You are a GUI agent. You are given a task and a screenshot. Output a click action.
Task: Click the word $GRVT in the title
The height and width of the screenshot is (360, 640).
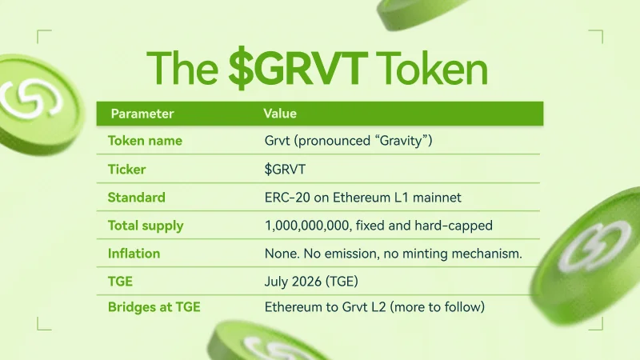(x=298, y=68)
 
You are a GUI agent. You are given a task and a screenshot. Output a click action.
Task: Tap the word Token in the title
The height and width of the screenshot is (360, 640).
(x=432, y=68)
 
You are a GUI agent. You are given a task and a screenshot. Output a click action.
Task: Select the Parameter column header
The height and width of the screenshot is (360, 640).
(x=142, y=114)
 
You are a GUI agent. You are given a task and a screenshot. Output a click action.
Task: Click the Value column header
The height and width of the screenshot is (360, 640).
(x=280, y=113)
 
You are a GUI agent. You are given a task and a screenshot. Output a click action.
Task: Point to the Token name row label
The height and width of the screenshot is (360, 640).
(x=145, y=141)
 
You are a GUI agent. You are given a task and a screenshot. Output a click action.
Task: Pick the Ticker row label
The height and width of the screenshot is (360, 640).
(x=126, y=169)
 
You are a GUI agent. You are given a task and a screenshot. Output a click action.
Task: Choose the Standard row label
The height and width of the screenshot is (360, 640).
(x=136, y=197)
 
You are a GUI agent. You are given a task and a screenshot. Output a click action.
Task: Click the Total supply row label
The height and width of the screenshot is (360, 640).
(x=146, y=226)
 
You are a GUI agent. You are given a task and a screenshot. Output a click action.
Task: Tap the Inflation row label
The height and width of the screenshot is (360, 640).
(x=134, y=254)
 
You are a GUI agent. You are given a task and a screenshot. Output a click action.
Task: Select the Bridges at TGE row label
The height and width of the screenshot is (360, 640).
(x=154, y=307)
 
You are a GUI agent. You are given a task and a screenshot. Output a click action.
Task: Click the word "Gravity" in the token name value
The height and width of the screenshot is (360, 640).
(x=403, y=141)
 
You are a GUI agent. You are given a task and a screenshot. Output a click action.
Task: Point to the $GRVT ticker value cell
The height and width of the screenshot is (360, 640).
(x=285, y=169)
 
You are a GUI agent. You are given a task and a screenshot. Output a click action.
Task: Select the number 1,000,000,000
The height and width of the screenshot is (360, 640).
(x=307, y=226)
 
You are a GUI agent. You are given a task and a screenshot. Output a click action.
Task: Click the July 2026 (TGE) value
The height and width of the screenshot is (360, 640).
(x=311, y=282)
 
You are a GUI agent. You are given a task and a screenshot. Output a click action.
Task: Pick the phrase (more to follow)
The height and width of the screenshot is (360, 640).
(x=437, y=307)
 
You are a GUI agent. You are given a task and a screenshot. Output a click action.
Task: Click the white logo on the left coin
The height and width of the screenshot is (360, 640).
(x=30, y=99)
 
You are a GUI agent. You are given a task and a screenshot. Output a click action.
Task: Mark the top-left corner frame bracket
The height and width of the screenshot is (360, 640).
(x=38, y=30)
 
